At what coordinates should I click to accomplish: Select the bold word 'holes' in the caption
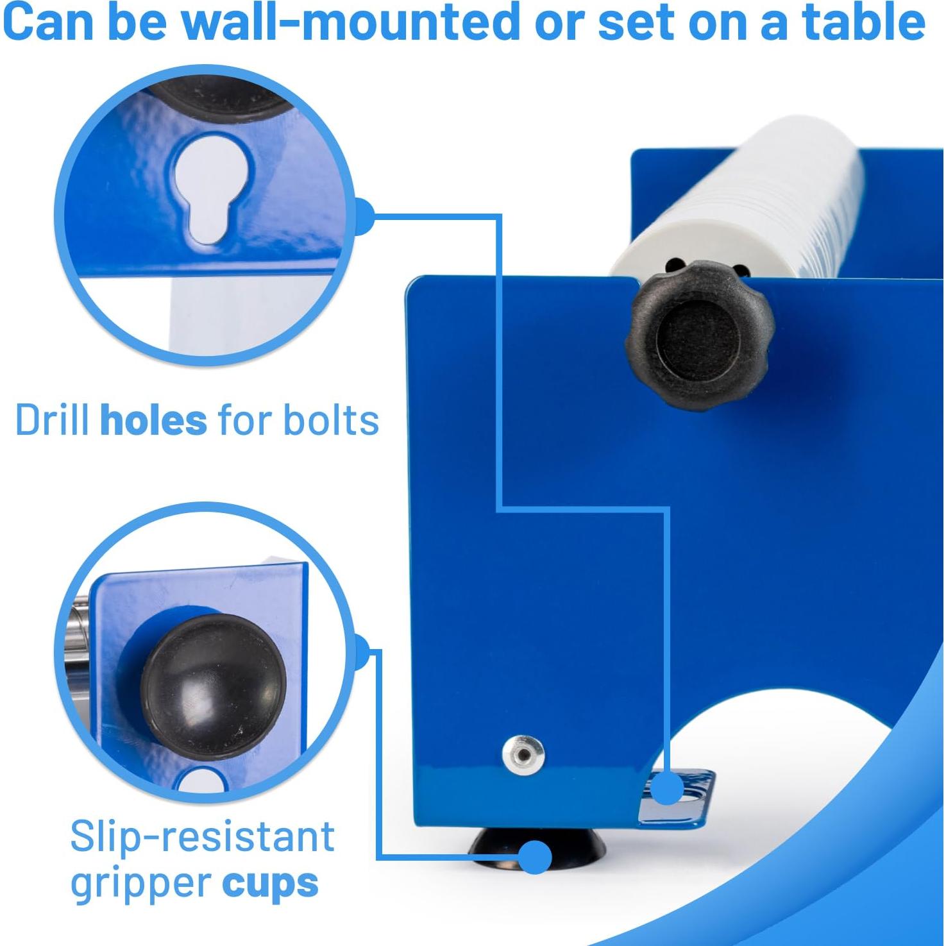click(x=153, y=421)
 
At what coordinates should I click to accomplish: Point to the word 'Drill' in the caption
click(x=52, y=421)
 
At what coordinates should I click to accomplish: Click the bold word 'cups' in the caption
click(x=270, y=883)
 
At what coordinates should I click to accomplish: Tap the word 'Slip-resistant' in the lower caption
click(x=202, y=836)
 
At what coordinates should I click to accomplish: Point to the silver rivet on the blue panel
click(x=523, y=754)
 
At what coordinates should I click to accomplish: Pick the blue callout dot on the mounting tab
click(x=668, y=788)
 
